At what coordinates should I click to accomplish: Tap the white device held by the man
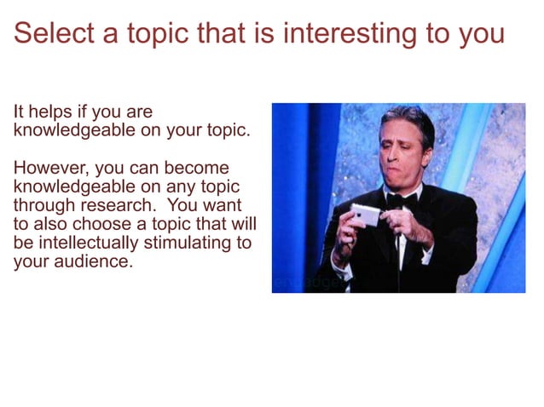[365, 215]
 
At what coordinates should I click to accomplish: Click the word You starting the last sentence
[182, 205]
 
